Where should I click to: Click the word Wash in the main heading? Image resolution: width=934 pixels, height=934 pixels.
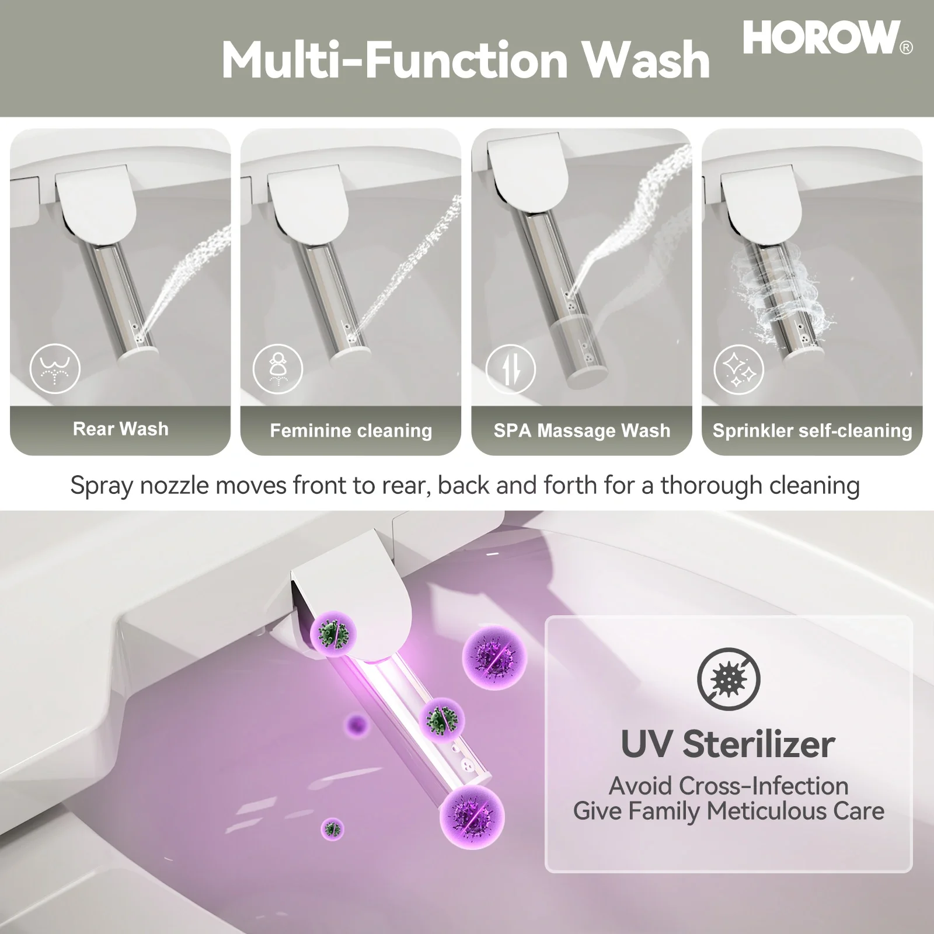[646, 60]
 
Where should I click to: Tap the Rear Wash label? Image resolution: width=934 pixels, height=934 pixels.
[120, 428]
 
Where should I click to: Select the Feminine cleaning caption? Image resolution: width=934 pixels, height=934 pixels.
[351, 431]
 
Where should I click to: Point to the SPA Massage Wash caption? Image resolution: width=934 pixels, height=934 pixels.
[581, 431]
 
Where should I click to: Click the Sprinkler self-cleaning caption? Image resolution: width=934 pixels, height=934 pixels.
[812, 431]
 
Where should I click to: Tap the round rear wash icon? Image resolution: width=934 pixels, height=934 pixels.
[55, 368]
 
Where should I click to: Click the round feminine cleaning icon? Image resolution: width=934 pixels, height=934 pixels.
[278, 369]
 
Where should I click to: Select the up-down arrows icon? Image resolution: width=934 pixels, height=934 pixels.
[511, 369]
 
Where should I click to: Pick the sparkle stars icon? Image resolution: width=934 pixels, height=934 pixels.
[739, 369]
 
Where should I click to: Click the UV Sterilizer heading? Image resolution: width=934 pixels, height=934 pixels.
[728, 744]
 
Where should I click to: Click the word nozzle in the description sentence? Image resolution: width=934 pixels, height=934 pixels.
[174, 485]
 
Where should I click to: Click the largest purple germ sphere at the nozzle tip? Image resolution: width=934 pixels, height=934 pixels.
[472, 817]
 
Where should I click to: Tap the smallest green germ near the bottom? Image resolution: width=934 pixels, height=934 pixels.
[333, 828]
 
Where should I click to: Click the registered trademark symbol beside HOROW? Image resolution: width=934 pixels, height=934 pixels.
[906, 48]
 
